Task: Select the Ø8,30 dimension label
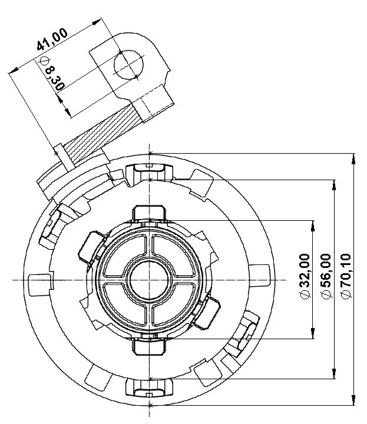49,74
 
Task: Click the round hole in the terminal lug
128,64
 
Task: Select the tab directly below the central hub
151,346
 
